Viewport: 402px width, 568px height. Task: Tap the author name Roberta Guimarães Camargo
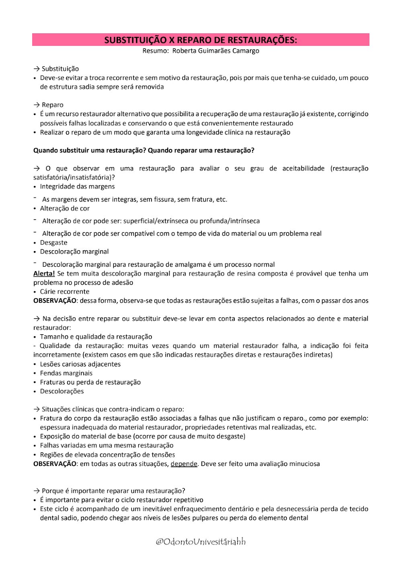(x=215, y=51)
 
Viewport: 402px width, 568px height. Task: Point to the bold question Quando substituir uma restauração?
(x=90, y=150)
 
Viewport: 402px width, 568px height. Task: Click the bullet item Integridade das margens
(x=77, y=186)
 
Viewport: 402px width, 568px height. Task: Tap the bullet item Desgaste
(x=53, y=243)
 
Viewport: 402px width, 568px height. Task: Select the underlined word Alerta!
(x=44, y=274)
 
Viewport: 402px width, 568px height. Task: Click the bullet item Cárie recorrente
(x=64, y=292)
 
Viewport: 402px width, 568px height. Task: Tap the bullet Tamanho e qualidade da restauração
(x=96, y=337)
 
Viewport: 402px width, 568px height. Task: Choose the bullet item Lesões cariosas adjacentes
(x=80, y=364)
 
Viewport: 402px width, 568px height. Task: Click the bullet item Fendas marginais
(x=66, y=373)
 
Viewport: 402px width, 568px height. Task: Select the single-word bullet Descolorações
(x=62, y=391)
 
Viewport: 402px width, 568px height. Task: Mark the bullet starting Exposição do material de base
(x=142, y=436)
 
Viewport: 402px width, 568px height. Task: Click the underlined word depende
(x=184, y=464)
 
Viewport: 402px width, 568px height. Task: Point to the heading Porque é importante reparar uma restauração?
(x=113, y=491)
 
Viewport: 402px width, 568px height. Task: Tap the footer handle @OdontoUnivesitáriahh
(x=201, y=541)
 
